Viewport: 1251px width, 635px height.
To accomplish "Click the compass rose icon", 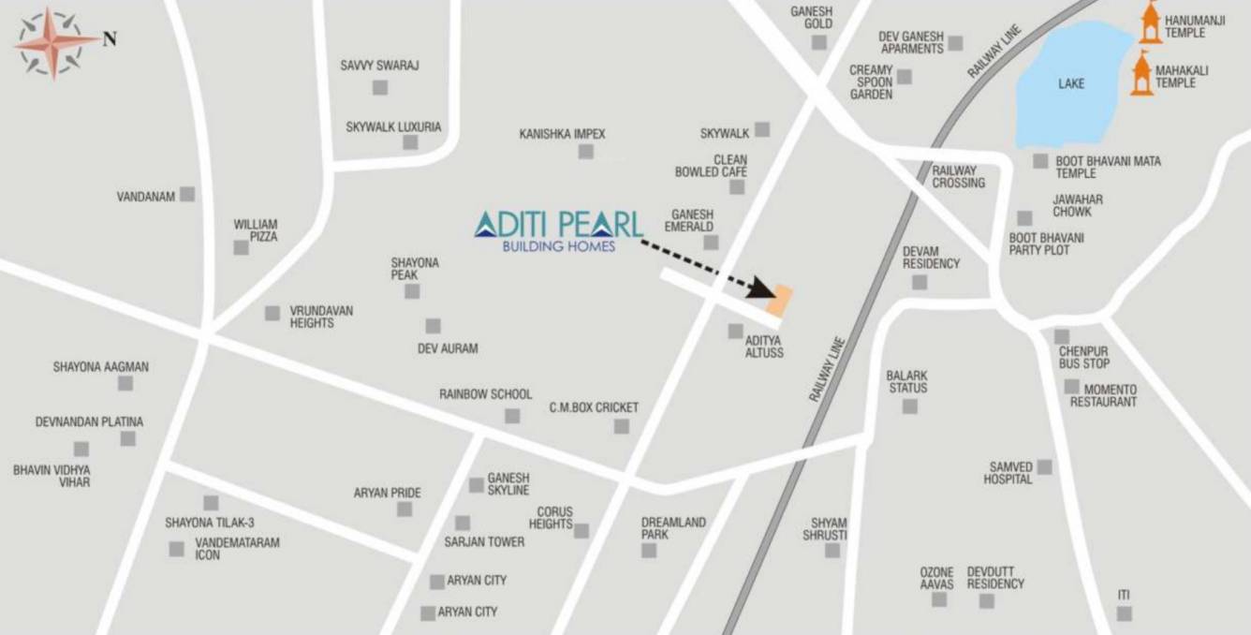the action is [x=52, y=41].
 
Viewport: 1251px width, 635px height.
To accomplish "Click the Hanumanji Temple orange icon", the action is [x=1150, y=23].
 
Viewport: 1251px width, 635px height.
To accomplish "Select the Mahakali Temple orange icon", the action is [x=1141, y=74].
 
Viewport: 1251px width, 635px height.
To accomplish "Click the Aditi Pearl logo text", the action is [x=559, y=225].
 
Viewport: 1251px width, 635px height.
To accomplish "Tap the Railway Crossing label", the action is [x=958, y=176].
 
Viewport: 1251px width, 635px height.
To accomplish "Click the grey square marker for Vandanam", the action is [x=187, y=194].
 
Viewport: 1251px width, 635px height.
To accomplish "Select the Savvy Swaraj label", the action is [x=379, y=66].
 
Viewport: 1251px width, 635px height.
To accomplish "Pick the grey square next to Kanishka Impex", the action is [x=585, y=151].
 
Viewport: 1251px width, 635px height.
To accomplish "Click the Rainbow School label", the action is [x=485, y=394].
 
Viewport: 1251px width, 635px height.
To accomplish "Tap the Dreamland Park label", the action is [x=673, y=528].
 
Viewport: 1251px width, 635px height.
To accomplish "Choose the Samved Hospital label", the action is [x=1008, y=473].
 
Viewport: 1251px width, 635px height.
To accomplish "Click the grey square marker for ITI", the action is [x=1124, y=613].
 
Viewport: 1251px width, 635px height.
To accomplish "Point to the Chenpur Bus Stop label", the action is [x=1084, y=357].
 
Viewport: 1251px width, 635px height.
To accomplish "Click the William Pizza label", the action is [x=256, y=230].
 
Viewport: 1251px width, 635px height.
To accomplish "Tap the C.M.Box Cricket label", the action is [x=594, y=407].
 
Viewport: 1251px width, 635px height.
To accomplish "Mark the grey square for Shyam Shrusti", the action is [x=832, y=551].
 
